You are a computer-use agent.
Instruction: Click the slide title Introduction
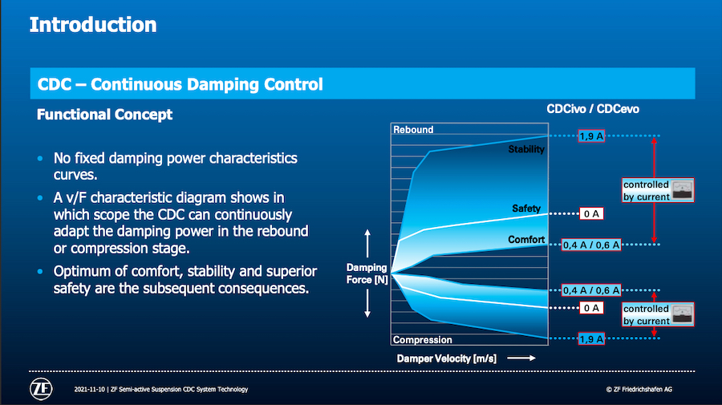[x=93, y=25]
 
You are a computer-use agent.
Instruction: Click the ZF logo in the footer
[x=41, y=389]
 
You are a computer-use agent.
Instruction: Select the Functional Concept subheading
[x=104, y=114]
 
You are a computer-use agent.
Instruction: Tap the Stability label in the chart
[x=526, y=149]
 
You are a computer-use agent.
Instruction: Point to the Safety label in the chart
[x=526, y=209]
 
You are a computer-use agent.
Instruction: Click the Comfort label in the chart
[x=526, y=239]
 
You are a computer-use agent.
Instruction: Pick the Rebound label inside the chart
[x=413, y=130]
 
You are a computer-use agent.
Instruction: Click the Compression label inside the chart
[x=422, y=340]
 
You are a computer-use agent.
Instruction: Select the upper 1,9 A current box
[x=591, y=136]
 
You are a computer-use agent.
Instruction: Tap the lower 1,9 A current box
[x=591, y=339]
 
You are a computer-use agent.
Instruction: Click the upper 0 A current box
[x=591, y=213]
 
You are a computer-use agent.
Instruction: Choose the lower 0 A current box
[x=591, y=308]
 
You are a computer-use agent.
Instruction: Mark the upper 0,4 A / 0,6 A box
[x=591, y=245]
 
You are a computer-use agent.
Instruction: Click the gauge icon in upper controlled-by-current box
[x=682, y=190]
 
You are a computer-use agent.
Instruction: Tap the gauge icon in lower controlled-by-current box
[x=682, y=314]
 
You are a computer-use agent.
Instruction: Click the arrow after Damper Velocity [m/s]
[x=521, y=358]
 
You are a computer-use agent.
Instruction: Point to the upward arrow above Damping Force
[x=367, y=244]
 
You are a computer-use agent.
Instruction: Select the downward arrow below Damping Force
[x=367, y=304]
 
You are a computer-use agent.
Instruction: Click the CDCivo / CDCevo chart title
[x=593, y=109]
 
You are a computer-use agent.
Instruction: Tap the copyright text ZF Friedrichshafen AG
[x=639, y=389]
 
